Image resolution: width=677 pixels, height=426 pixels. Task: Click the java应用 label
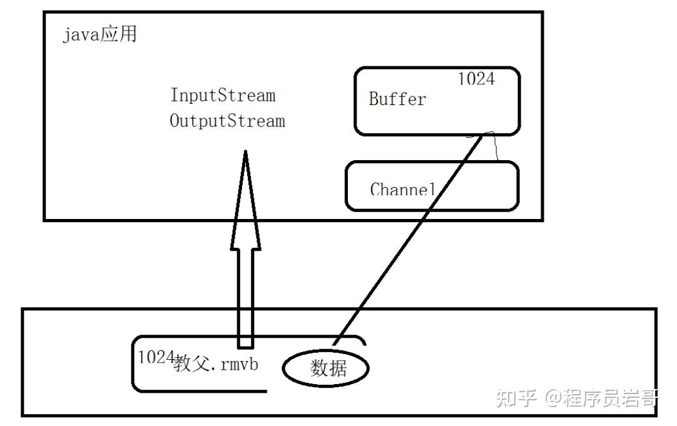tap(99, 34)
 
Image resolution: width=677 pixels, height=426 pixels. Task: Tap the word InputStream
tap(223, 96)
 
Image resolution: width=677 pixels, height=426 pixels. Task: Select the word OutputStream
tap(227, 121)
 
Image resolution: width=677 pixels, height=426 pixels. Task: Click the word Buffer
tap(397, 99)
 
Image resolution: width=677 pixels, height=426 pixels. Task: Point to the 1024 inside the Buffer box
tap(476, 79)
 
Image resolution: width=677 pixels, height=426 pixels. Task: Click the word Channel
tap(402, 189)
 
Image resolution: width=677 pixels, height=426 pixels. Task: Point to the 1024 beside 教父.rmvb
tap(155, 357)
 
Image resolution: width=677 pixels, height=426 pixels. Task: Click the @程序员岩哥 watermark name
tap(601, 398)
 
